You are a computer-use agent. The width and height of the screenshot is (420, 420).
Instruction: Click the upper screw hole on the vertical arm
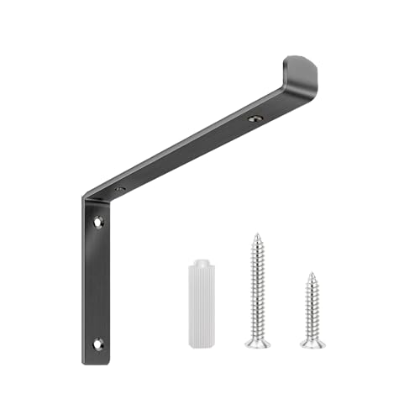coord(98,223)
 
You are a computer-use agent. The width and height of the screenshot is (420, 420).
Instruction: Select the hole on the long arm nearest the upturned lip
coord(255,120)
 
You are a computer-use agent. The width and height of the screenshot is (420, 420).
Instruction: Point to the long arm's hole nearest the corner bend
coord(121,191)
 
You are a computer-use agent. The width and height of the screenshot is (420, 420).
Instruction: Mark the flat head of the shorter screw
coord(311,344)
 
